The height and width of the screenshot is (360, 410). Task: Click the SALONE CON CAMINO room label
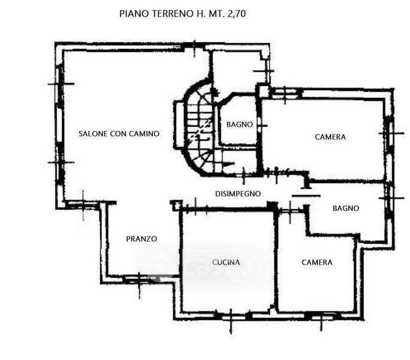[119, 134]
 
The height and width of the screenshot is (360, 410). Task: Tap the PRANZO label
[141, 239]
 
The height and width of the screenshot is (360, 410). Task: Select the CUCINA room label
[226, 262]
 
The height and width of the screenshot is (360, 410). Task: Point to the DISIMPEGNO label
[238, 194]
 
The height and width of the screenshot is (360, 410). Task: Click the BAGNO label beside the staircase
[240, 124]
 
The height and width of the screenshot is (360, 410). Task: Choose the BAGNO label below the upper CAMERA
[346, 208]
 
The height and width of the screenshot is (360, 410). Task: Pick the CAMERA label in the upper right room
[330, 137]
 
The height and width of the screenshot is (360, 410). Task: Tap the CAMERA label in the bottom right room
[317, 262]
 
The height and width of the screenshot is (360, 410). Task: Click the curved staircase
[199, 128]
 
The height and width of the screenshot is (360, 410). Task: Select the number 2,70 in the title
[237, 14]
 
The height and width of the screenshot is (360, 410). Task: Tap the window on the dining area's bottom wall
[139, 280]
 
